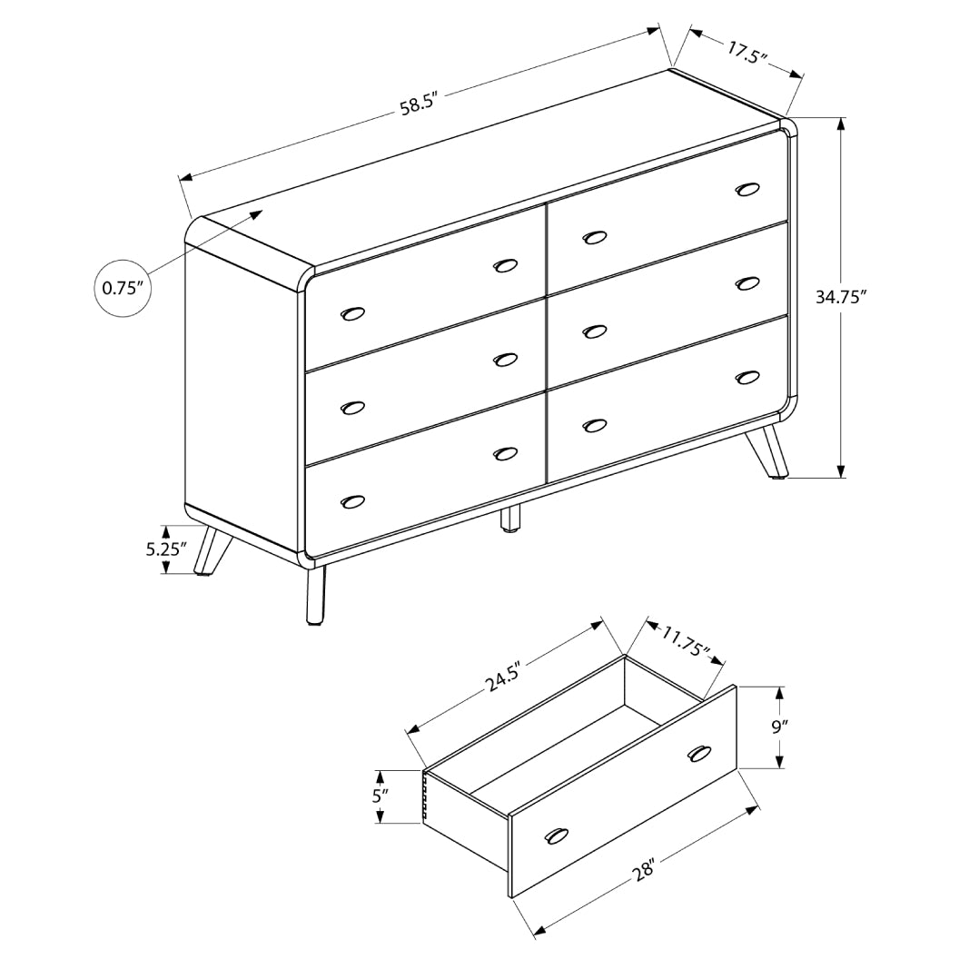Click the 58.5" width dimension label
tap(420, 103)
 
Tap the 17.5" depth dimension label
tap(747, 53)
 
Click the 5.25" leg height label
tap(165, 549)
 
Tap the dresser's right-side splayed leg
tap(770, 450)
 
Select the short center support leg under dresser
tap(512, 518)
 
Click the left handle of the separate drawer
tap(555, 836)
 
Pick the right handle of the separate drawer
tap(699, 753)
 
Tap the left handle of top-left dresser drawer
tap(352, 313)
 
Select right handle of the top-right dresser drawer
tap(747, 189)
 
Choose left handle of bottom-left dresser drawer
tap(352, 501)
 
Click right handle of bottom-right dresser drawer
tap(747, 376)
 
